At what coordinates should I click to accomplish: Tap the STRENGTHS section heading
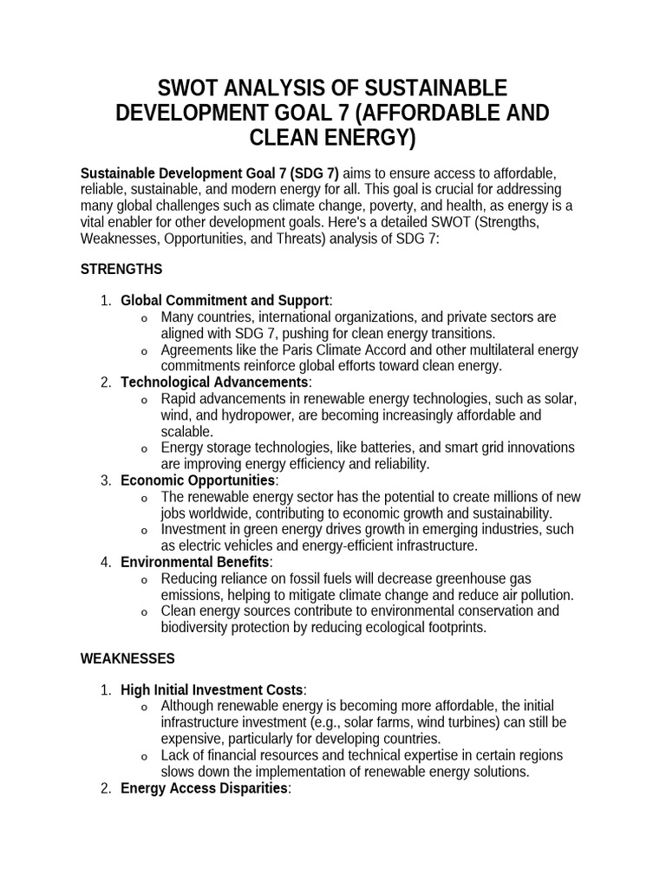coord(121,270)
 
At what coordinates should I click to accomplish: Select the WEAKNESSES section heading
coord(127,658)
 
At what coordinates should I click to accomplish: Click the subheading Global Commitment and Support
coord(225,300)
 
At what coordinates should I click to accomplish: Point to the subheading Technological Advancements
coord(214,382)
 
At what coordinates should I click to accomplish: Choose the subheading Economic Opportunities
coord(198,480)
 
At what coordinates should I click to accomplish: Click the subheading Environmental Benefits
coord(195,562)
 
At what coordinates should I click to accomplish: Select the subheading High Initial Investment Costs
coord(212,690)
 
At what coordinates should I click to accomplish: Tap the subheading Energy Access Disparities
coord(204,788)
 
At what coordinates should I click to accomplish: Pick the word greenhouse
coord(494,578)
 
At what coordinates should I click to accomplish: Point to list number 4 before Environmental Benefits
coord(106,562)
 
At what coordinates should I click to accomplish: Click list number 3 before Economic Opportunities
coord(106,480)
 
